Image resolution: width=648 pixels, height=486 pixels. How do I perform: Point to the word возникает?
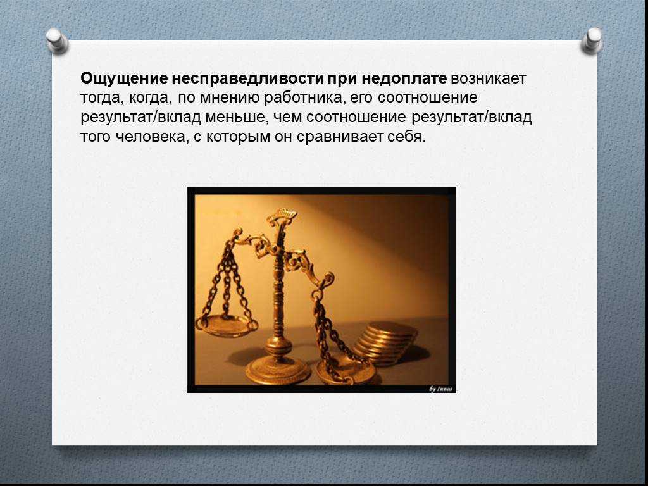[489, 78]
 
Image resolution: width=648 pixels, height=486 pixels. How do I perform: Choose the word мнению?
[229, 98]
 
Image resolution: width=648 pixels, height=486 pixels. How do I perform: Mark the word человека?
[151, 137]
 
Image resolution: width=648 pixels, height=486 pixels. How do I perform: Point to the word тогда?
[102, 98]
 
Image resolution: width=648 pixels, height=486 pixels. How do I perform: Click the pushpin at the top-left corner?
[56, 40]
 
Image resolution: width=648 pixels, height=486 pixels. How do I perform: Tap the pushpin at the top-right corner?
[592, 40]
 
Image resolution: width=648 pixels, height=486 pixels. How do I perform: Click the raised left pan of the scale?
[227, 325]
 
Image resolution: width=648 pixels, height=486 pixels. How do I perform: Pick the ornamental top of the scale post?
[282, 218]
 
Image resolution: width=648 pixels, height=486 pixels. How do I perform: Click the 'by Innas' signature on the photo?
[440, 389]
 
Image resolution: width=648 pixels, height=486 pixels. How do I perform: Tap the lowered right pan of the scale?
[346, 371]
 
